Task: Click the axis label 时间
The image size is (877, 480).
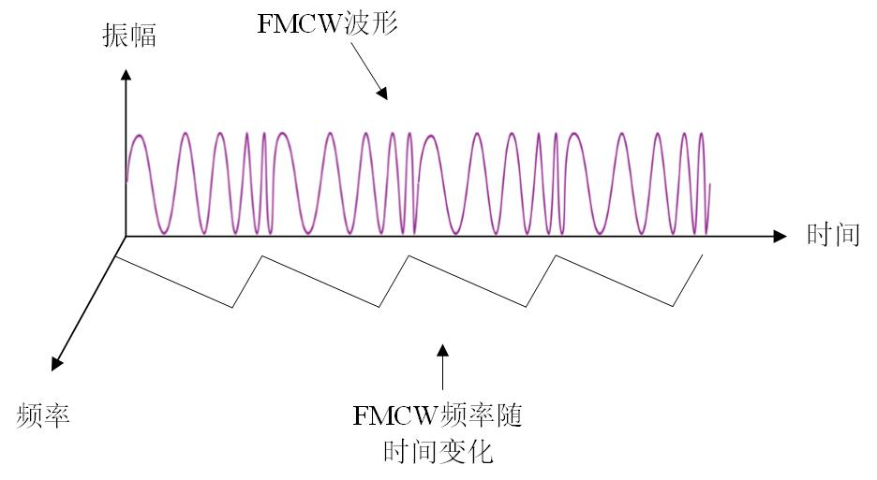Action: click(833, 235)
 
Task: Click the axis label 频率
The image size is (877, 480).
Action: click(43, 415)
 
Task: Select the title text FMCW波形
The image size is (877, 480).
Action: click(329, 24)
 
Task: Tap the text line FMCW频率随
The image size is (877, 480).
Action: click(437, 415)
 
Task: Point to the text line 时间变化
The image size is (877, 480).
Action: click(438, 453)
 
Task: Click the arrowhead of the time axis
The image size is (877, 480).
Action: click(780, 237)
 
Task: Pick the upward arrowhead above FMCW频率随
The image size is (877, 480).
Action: click(442, 350)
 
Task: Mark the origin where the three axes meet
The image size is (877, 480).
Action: click(125, 237)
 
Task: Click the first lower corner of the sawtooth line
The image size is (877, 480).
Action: click(232, 307)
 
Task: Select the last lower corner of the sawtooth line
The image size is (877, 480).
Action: click(675, 306)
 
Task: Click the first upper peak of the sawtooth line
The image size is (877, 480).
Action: click(260, 255)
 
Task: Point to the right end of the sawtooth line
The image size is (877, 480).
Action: click(703, 255)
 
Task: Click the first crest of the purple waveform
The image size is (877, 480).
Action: click(139, 137)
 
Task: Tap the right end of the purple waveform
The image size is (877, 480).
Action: click(709, 185)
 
